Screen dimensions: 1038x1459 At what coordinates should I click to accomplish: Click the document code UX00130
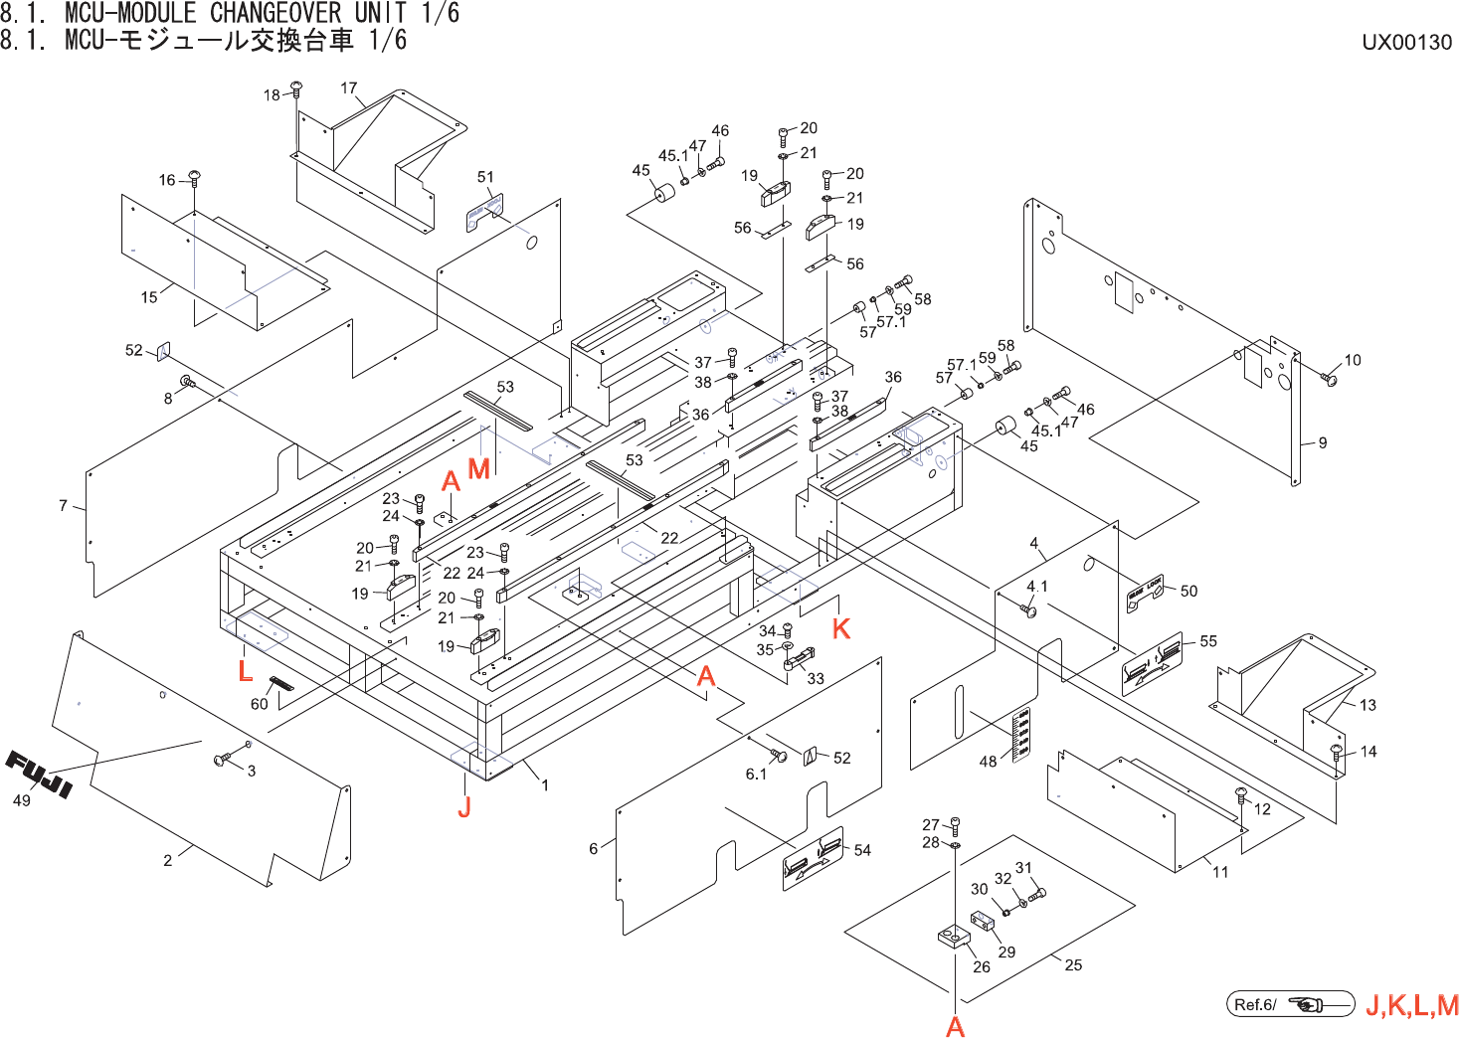pos(1406,42)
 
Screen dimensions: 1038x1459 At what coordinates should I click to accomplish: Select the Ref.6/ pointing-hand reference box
pos(1290,1004)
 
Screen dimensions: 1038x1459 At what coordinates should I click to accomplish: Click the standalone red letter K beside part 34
pos(841,628)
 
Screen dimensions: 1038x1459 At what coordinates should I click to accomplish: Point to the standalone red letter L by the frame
pos(245,671)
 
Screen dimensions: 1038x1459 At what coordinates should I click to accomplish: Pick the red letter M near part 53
pos(478,468)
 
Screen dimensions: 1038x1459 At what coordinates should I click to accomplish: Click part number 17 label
pos(349,87)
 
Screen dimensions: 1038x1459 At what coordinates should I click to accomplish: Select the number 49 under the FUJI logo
pos(21,800)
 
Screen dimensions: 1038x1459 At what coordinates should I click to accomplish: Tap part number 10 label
pos(1353,360)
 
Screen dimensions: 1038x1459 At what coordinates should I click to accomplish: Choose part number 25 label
pos(1073,964)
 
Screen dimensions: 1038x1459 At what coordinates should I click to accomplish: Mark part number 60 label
pos(259,704)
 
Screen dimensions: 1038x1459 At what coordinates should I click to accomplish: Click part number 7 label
pos(63,505)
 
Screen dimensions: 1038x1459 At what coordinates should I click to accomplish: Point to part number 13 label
pos(1368,705)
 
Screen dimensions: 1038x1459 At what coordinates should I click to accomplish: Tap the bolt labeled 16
pos(194,179)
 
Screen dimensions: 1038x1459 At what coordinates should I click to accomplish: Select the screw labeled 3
pos(222,761)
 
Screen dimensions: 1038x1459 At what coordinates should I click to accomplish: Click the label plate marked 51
pos(484,213)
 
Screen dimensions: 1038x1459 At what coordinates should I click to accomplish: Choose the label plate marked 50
pos(1144,594)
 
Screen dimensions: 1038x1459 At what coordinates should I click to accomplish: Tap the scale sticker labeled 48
pos(1020,734)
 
